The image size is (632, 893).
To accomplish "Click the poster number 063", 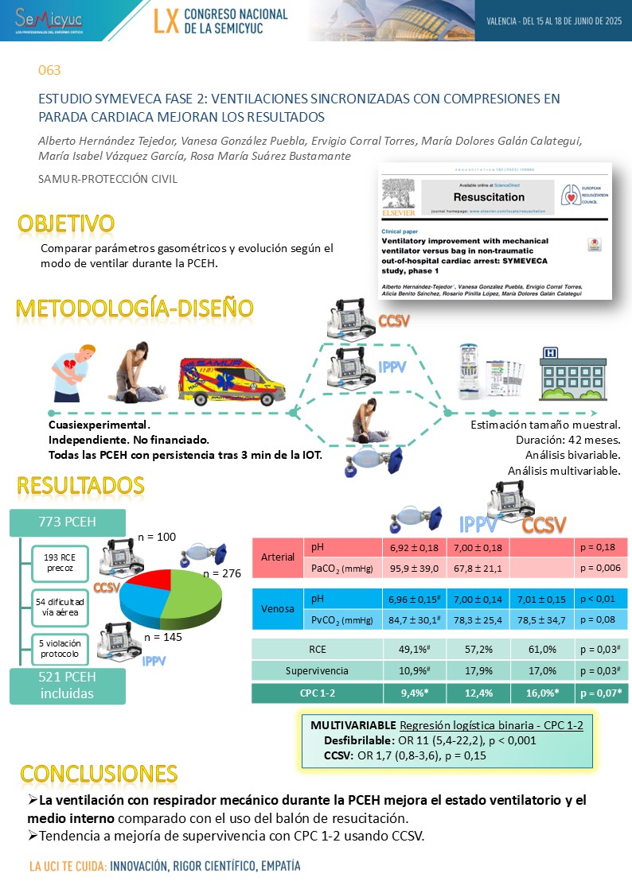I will tap(50, 70).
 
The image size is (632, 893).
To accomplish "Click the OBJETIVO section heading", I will tap(66, 223).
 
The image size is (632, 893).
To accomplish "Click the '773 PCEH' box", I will tap(68, 522).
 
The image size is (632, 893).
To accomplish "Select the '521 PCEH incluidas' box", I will tap(68, 685).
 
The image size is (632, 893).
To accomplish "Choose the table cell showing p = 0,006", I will tap(601, 568).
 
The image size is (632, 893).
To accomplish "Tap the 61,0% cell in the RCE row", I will tap(540, 649).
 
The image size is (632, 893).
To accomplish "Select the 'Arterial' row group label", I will tap(278, 557).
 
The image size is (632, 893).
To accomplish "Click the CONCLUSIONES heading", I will tap(99, 773).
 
